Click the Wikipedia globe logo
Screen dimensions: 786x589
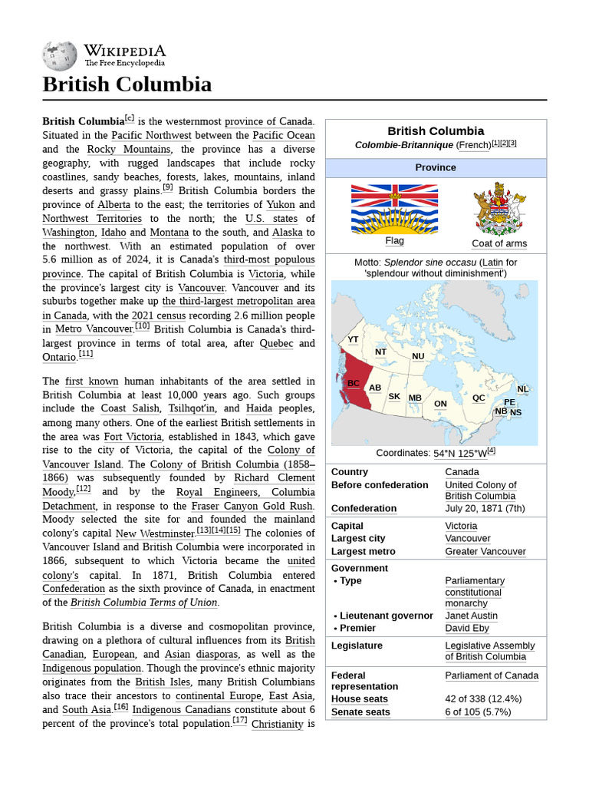pyautogui.click(x=59, y=56)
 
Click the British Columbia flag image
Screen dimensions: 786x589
pyautogui.click(x=394, y=209)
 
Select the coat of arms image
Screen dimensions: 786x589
pyautogui.click(x=499, y=209)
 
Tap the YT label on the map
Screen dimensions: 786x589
pyautogui.click(x=353, y=339)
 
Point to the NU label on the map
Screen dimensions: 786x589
pyautogui.click(x=418, y=356)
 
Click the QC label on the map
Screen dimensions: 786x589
pyautogui.click(x=479, y=398)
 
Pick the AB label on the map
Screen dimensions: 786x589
pyautogui.click(x=375, y=388)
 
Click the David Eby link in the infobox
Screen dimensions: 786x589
pyautogui.click(x=467, y=628)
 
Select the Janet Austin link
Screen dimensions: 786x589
pyautogui.click(x=471, y=616)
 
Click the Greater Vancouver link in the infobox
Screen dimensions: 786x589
pyautogui.click(x=485, y=551)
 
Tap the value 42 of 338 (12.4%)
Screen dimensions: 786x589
pyautogui.click(x=483, y=698)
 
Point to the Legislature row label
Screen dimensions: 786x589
pyautogui.click(x=357, y=646)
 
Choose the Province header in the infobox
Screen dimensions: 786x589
pyautogui.click(x=436, y=167)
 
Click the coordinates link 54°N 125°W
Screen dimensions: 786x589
pyautogui.click(x=460, y=453)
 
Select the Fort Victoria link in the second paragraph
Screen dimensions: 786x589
pyautogui.click(x=133, y=437)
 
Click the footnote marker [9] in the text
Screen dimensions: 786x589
pyautogui.click(x=167, y=188)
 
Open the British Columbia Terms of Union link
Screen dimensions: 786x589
pyautogui.click(x=144, y=603)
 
